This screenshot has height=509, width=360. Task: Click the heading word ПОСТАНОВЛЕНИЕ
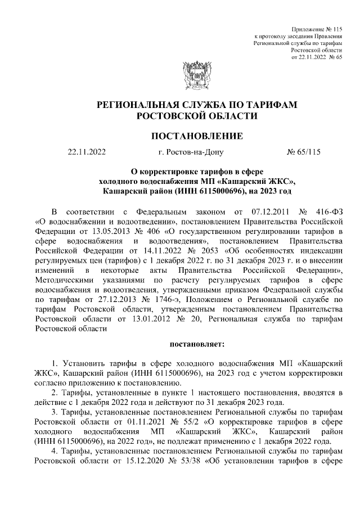(197, 136)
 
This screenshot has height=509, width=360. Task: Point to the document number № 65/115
(304, 151)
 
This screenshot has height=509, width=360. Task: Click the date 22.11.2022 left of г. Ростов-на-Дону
(87, 151)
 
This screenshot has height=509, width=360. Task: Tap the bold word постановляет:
(196, 343)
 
